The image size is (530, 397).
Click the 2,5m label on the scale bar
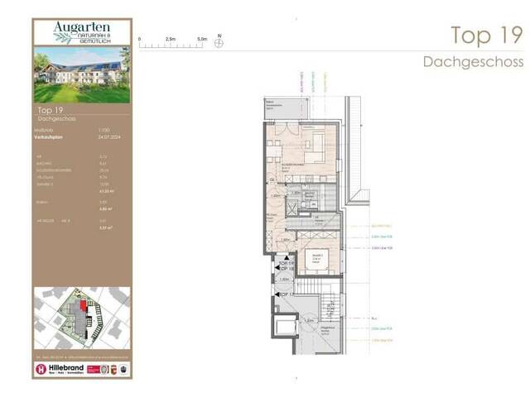point(170,38)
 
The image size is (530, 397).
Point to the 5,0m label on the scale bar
point(202,38)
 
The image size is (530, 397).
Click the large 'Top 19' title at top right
point(486,36)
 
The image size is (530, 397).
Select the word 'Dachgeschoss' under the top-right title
point(472,62)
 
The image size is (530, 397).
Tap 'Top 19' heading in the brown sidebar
point(51,109)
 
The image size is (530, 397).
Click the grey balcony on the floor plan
point(282,108)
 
